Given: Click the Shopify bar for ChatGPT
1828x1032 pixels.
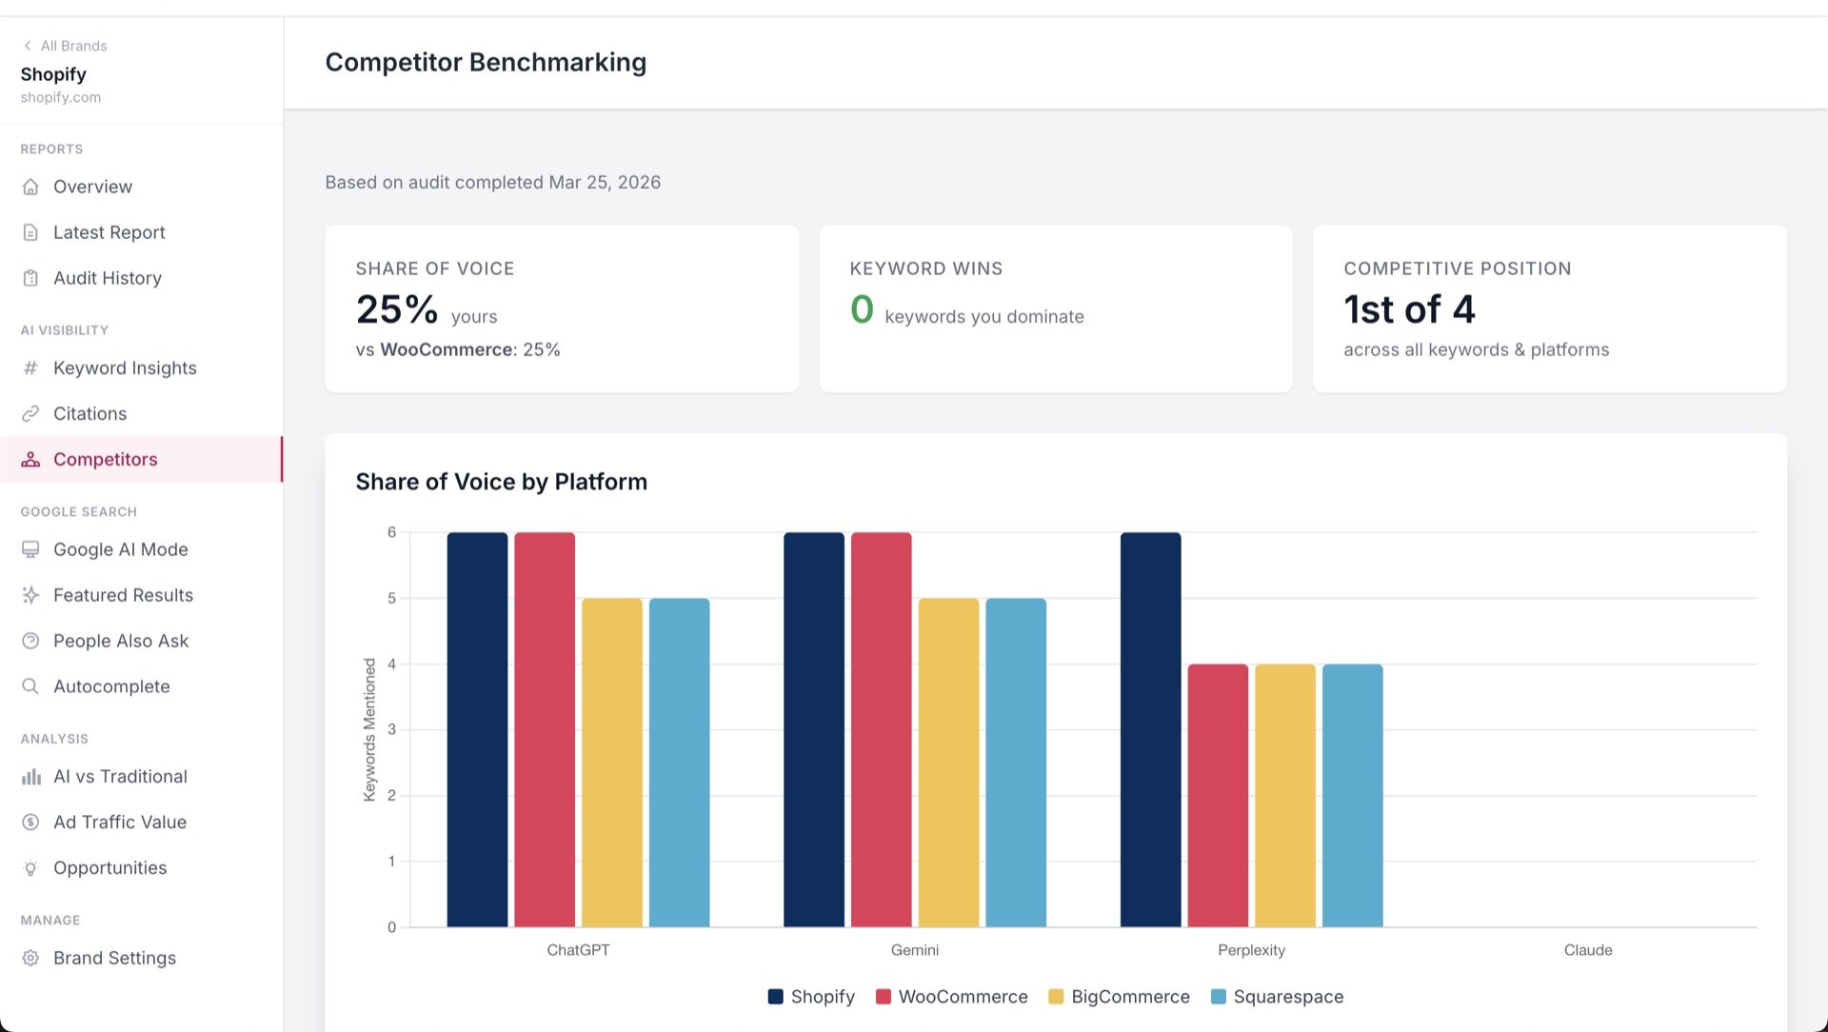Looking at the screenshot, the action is (477, 729).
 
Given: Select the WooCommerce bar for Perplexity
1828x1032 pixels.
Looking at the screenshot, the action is (1218, 796).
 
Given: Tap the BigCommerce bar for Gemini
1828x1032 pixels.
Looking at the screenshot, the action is (948, 763).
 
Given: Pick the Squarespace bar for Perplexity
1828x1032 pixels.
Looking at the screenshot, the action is (1352, 796).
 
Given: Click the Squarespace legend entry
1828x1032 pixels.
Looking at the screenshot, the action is (1277, 997).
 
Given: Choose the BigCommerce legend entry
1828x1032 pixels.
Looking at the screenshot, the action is (1119, 997).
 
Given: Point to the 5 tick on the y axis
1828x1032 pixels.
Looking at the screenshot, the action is (391, 599).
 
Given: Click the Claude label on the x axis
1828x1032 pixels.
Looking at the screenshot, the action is (1588, 950).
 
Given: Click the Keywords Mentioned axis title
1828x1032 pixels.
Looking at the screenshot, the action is (369, 729).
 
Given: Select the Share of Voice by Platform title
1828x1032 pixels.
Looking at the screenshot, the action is (501, 482).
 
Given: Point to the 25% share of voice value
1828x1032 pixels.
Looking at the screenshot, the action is (397, 309).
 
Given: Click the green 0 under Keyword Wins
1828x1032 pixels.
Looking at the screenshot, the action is (862, 309).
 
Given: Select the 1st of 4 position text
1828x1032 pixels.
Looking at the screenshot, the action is (1409, 309).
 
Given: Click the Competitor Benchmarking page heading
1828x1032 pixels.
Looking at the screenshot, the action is (486, 62).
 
